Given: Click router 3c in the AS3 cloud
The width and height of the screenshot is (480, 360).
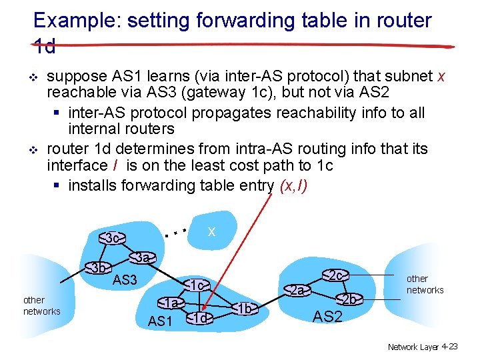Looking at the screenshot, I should coord(113,238).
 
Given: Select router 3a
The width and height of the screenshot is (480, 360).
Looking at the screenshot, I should coord(142,257).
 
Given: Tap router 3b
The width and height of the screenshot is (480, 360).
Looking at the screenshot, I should coord(99,268).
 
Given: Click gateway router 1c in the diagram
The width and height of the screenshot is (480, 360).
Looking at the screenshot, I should coord(197,285).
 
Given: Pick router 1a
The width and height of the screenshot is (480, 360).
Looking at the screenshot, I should coord(173,303).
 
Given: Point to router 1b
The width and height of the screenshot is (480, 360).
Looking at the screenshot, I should coord(245,308).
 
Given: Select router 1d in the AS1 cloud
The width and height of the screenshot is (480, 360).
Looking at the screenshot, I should coord(199,318).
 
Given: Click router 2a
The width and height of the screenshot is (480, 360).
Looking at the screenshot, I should coord(298,290).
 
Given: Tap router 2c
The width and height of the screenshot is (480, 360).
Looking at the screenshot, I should coord(336,275).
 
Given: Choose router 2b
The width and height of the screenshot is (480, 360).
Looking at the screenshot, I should coord(348,299).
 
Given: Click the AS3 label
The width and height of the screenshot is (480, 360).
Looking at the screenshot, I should coord(125,280).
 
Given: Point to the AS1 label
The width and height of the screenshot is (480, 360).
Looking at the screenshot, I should coord(160,321).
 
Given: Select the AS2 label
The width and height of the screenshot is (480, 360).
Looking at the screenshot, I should coord(327,317).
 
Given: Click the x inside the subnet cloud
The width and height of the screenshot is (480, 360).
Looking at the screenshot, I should coord(211,231).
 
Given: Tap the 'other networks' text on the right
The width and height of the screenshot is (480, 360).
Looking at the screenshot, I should coord(425,284).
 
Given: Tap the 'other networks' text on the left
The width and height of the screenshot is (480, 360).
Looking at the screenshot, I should coord(41,305).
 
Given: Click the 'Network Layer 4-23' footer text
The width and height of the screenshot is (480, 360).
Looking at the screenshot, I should coord(423,347).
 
